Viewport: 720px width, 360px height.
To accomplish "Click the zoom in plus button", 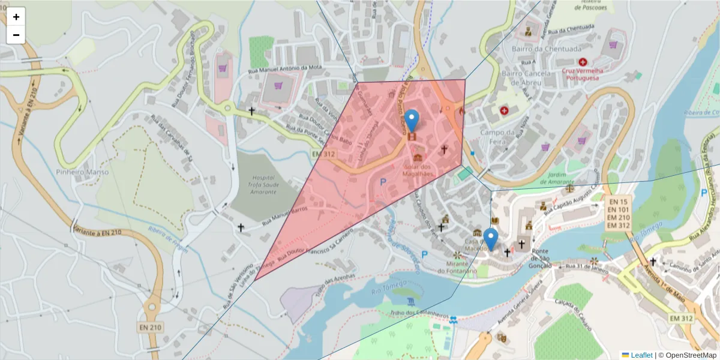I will click(16, 17).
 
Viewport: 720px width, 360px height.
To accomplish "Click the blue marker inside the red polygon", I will click(412, 120).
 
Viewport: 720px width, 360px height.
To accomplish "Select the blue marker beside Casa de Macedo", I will click(491, 239).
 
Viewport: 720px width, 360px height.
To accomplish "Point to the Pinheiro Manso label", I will click(84, 172).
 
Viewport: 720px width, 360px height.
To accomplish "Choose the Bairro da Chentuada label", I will click(547, 49).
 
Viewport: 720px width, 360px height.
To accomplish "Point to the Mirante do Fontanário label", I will click(457, 267).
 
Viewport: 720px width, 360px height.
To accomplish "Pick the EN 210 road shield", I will click(151, 327).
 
